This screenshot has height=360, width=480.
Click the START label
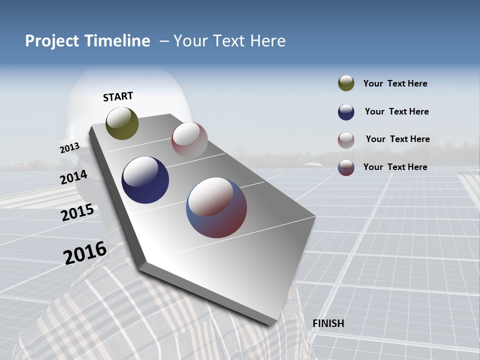pyautogui.click(x=118, y=96)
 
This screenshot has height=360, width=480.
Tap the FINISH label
pyautogui.click(x=328, y=323)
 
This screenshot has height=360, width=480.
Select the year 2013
pyautogui.click(x=69, y=148)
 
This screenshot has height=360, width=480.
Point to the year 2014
pyautogui.click(x=73, y=177)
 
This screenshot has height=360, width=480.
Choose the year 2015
pyautogui.click(x=77, y=212)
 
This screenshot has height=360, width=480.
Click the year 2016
pyautogui.click(x=85, y=253)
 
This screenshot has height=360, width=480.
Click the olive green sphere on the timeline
pyautogui.click(x=122, y=123)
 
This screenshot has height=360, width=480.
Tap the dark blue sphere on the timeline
pyautogui.click(x=145, y=180)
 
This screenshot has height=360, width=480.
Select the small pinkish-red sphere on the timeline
pyautogui.click(x=189, y=139)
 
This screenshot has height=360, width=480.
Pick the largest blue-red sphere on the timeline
pyautogui.click(x=216, y=207)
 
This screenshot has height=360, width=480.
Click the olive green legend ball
pyautogui.click(x=346, y=83)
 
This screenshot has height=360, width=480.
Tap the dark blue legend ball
pyautogui.click(x=346, y=112)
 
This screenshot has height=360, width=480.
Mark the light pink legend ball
pyautogui.click(x=346, y=140)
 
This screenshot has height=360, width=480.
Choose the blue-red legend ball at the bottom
pyautogui.click(x=346, y=167)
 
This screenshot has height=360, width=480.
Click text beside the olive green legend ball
pyautogui.click(x=395, y=83)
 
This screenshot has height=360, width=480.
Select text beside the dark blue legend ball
pyautogui.click(x=396, y=111)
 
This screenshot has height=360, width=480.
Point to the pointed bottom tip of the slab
pyautogui.click(x=274, y=324)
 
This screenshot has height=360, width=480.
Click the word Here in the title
pyautogui.click(x=267, y=41)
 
